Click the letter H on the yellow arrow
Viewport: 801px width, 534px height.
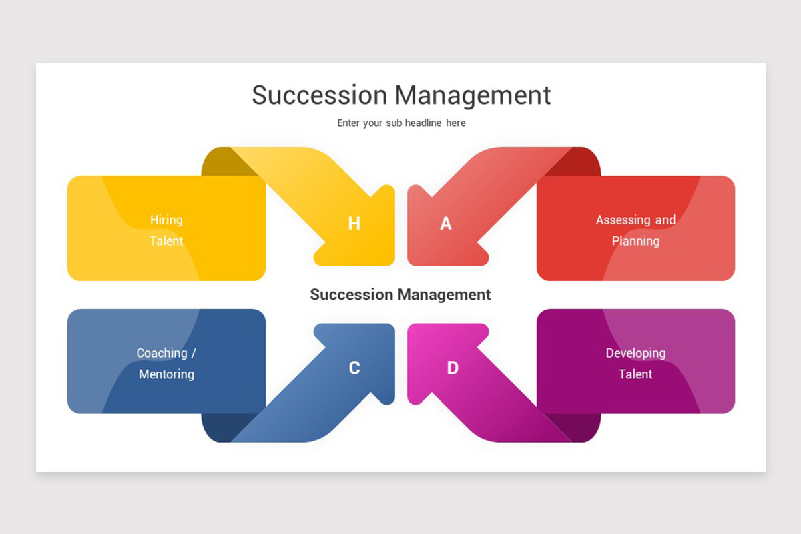(x=354, y=223)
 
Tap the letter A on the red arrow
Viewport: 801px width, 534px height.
(x=446, y=223)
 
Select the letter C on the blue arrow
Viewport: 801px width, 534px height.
(x=354, y=368)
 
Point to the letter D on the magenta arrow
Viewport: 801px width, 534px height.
(x=453, y=368)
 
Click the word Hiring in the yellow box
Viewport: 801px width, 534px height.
(x=166, y=220)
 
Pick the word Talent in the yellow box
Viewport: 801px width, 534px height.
(x=166, y=241)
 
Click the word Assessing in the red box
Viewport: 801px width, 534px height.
(x=623, y=220)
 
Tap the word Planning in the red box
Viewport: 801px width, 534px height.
(x=635, y=241)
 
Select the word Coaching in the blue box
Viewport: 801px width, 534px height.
(x=162, y=353)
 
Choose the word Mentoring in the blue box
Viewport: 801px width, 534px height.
(x=167, y=374)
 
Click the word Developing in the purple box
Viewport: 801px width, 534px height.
(x=635, y=353)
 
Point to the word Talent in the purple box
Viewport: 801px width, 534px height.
(x=635, y=374)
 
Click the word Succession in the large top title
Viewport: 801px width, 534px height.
(x=320, y=95)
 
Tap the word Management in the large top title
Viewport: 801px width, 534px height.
(x=473, y=96)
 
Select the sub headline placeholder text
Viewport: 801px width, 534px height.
(x=401, y=123)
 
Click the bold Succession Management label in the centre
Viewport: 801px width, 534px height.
(x=400, y=295)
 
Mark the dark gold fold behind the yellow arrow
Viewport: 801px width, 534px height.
(x=224, y=163)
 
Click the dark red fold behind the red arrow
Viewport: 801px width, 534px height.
(x=579, y=163)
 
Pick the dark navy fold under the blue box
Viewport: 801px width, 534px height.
(x=224, y=427)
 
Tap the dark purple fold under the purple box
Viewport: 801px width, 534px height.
(x=579, y=427)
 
